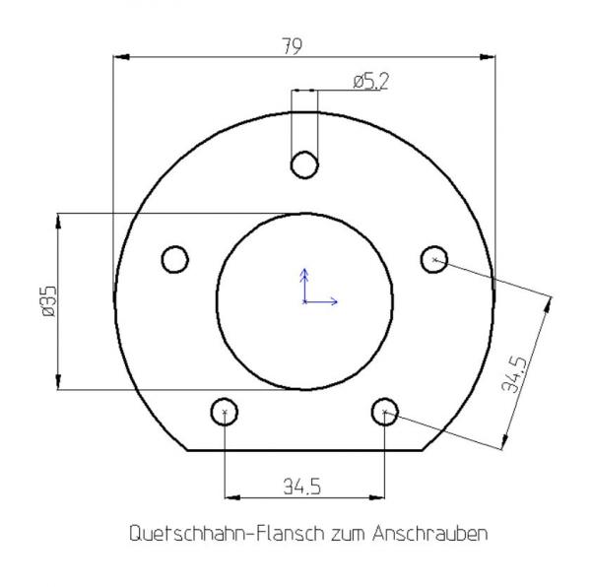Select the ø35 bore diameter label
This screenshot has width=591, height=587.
48,300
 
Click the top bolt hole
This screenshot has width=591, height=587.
306,163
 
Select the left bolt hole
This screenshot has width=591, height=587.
175,259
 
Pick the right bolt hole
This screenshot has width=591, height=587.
434,259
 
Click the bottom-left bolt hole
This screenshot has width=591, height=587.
226,411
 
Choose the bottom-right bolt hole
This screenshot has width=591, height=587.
385,411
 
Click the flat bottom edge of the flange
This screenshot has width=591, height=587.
305,450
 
